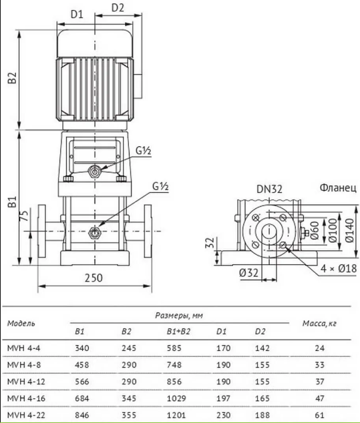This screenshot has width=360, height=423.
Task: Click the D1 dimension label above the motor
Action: [x=77, y=14]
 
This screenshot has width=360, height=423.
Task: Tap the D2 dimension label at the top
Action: [x=118, y=8]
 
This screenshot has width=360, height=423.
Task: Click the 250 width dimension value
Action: [x=94, y=278]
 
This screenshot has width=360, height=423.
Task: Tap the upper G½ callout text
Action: [x=143, y=151]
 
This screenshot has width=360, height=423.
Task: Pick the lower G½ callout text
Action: [x=160, y=186]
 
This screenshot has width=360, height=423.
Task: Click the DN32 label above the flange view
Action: [x=269, y=189]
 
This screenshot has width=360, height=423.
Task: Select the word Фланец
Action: [x=338, y=187]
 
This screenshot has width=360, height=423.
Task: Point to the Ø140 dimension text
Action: [x=349, y=230]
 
